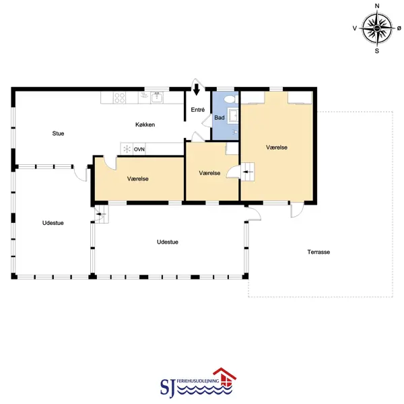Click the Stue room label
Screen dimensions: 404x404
[58, 133]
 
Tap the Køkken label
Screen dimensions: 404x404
[145, 125]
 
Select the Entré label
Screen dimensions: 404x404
[197, 110]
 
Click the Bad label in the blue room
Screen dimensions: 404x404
[220, 118]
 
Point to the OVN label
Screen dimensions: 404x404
[139, 149]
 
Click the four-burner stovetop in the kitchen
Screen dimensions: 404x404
[120, 98]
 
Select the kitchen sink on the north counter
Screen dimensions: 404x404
[157, 98]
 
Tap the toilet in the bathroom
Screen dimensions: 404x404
[231, 99]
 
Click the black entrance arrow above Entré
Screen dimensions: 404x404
[197, 90]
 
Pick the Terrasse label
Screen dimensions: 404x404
[318, 252]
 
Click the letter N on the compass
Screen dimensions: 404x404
[377, 6]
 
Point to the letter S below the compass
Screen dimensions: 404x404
[377, 51]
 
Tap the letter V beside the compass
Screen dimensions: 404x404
[355, 28]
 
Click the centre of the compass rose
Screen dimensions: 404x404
[377, 28]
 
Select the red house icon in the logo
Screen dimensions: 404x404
[225, 378]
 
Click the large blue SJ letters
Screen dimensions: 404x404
[168, 388]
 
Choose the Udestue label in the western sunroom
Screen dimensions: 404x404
[53, 223]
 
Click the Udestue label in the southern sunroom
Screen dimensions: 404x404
[168, 242]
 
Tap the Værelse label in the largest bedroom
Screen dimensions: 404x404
[277, 147]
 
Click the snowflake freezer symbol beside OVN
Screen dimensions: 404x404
[127, 149]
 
